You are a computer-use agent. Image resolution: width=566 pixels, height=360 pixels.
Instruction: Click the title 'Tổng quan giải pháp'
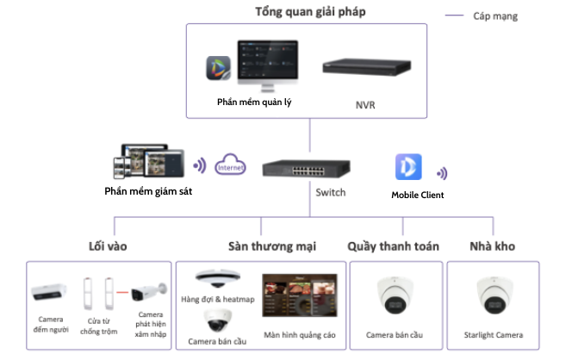coord(307,11)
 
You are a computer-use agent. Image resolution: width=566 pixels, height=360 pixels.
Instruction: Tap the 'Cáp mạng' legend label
coord(496,16)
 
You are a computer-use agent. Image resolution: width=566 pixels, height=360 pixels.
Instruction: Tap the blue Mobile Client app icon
coord(407,167)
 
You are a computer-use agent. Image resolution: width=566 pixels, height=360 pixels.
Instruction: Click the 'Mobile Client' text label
coord(418,195)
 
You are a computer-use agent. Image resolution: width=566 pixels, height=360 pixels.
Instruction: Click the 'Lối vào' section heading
coord(107,246)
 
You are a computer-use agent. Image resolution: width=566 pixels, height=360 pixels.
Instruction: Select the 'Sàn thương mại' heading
coord(271,246)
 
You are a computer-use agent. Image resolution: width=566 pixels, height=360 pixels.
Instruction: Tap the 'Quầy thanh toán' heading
coord(393,246)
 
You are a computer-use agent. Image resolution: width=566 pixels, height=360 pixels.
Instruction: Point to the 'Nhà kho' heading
coord(494,246)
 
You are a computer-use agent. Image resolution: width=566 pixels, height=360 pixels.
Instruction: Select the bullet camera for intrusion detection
coord(149,293)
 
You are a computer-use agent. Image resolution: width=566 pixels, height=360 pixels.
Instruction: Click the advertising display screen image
coord(300,298)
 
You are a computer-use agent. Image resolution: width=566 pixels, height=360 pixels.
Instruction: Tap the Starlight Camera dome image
coord(493,298)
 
